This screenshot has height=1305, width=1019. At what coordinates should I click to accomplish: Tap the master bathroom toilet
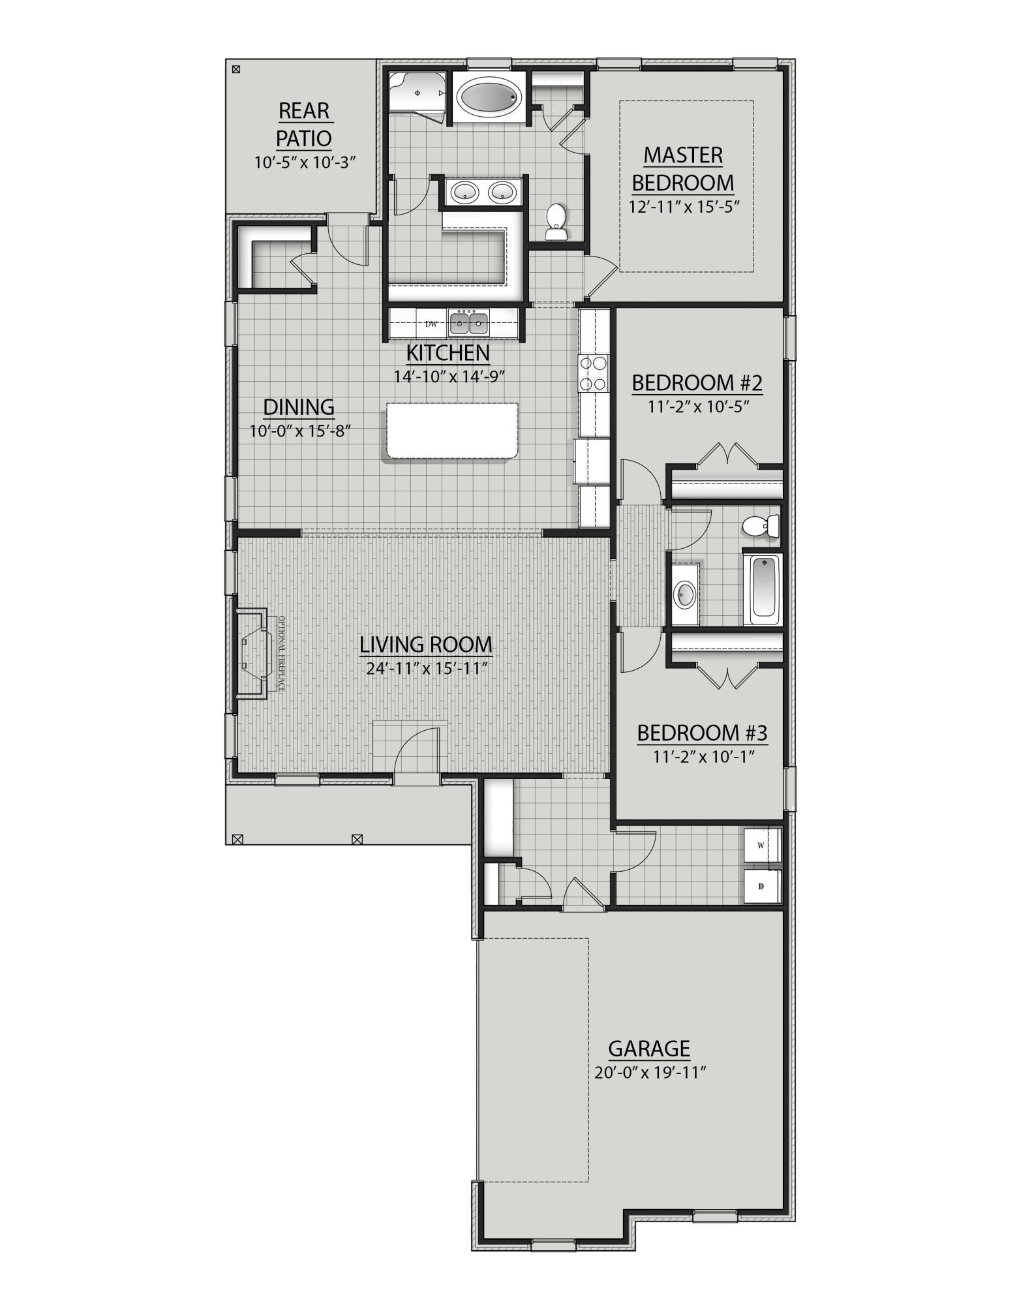[556, 222]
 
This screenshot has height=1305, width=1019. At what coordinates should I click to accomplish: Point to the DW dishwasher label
[431, 324]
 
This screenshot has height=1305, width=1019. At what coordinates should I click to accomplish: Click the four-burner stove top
[593, 373]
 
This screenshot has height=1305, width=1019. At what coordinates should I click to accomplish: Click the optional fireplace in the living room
[252, 654]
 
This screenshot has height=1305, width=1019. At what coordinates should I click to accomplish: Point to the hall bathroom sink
[685, 594]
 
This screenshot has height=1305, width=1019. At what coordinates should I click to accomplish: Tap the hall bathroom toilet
[761, 525]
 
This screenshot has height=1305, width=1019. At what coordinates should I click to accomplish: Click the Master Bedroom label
[683, 168]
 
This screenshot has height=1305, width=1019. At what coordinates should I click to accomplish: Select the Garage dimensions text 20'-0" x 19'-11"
[650, 1073]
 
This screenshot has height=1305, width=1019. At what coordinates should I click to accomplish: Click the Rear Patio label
[304, 125]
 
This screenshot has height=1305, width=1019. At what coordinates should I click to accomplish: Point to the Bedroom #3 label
[702, 733]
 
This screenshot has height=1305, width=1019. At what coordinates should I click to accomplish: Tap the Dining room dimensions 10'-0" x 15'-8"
[300, 431]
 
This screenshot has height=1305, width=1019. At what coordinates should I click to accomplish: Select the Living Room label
[426, 645]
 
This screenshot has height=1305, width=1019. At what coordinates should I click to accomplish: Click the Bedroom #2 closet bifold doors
[728, 453]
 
